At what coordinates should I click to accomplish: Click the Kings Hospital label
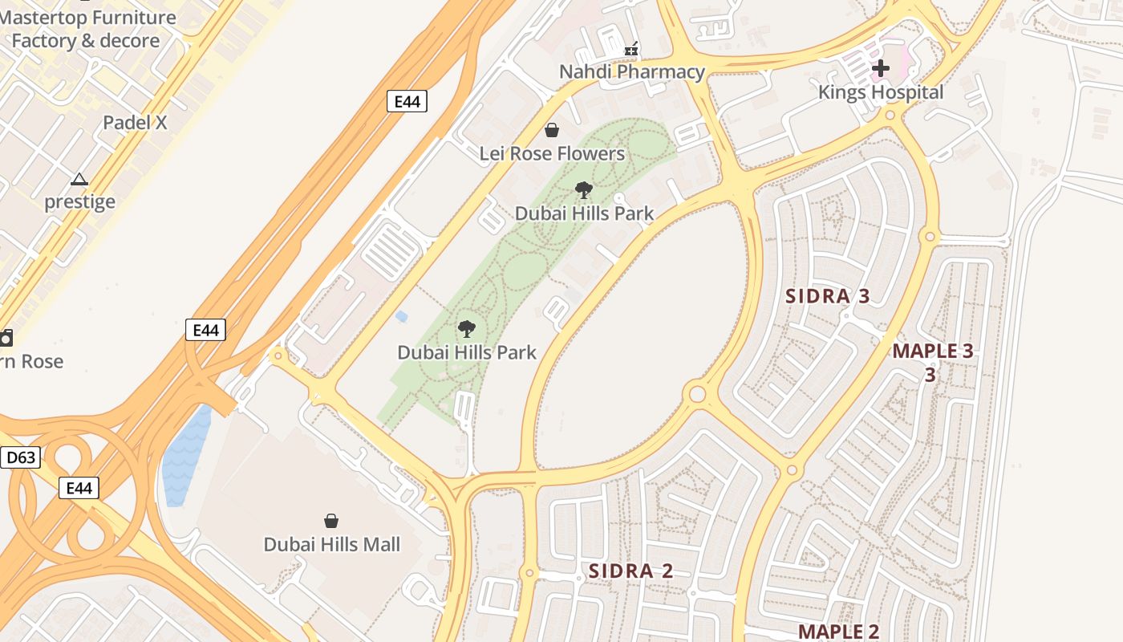(x=880, y=92)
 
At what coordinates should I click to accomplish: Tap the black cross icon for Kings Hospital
(x=880, y=68)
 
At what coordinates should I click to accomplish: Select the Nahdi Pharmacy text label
(x=631, y=71)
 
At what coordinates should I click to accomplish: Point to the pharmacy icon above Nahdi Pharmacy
(x=632, y=50)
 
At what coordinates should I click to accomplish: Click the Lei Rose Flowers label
(x=552, y=153)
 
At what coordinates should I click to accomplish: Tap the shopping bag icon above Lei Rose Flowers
(x=552, y=130)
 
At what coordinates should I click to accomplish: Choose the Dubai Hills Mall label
(x=331, y=544)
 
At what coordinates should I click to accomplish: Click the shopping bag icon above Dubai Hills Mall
(x=331, y=521)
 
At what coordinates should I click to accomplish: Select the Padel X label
(x=135, y=123)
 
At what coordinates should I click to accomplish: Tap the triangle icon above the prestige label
(x=79, y=179)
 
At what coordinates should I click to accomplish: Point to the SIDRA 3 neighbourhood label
(x=827, y=296)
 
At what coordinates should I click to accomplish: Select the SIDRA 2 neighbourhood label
(x=630, y=571)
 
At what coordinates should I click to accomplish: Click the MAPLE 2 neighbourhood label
(x=838, y=632)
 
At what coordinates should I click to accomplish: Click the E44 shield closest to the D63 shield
(x=79, y=487)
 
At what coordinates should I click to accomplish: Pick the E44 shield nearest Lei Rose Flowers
(x=407, y=101)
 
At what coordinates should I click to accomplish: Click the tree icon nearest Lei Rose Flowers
(x=584, y=190)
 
